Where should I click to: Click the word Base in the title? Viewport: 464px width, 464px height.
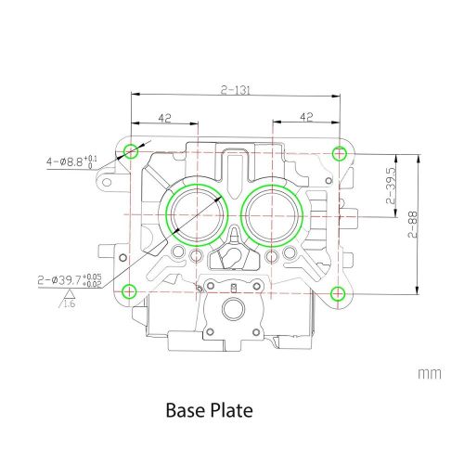187,408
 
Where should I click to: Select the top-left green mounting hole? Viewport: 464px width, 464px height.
131,150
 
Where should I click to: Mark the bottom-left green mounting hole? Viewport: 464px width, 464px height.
131,290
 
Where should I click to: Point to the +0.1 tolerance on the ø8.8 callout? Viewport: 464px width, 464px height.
89,160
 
